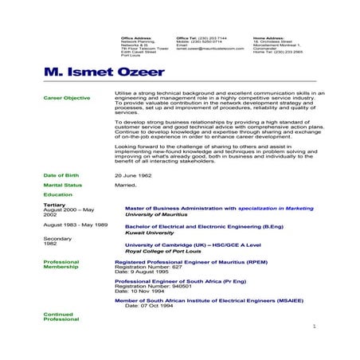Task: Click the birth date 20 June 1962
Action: pyautogui.click(x=133, y=173)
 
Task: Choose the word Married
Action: pyautogui.click(x=126, y=184)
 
